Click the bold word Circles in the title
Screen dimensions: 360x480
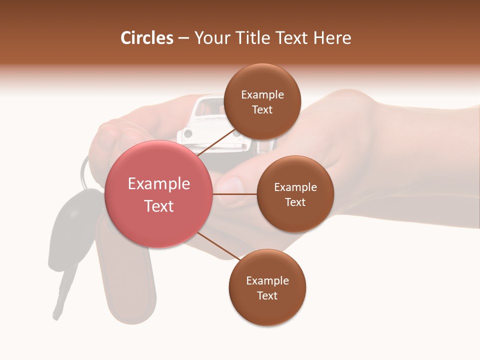tap(147, 38)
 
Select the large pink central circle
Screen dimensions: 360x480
tap(159, 194)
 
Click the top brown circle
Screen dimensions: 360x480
tap(262, 102)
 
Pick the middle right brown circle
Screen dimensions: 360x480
tap(295, 194)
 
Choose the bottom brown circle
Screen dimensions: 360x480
tap(267, 288)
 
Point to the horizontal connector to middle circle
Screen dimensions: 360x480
tap(234, 194)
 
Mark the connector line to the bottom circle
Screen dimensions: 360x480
tap(218, 246)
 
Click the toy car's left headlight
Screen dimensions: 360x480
tap(188, 133)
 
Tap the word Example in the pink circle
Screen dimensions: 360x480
tap(159, 183)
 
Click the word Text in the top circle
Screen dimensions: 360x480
tap(262, 109)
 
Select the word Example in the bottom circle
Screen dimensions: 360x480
tap(267, 280)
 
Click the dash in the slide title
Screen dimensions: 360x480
tap(183, 38)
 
